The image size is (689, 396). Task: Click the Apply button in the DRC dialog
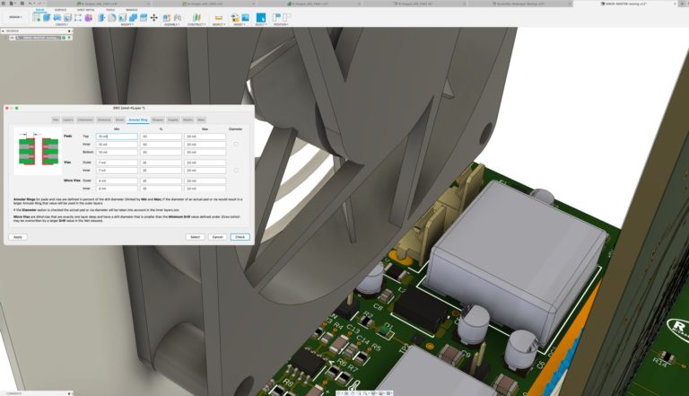[18, 237]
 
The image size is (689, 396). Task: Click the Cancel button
[217, 237]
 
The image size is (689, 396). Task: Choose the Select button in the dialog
[195, 237]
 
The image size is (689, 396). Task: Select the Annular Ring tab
[138, 119]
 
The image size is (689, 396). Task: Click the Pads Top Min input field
[117, 136]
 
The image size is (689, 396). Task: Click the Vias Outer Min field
[117, 163]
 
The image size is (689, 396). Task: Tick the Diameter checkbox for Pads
[236, 144]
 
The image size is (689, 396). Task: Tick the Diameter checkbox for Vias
[236, 170]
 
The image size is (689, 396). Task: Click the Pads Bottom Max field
[205, 152]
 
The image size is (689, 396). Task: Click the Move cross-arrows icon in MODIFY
[153, 17]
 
